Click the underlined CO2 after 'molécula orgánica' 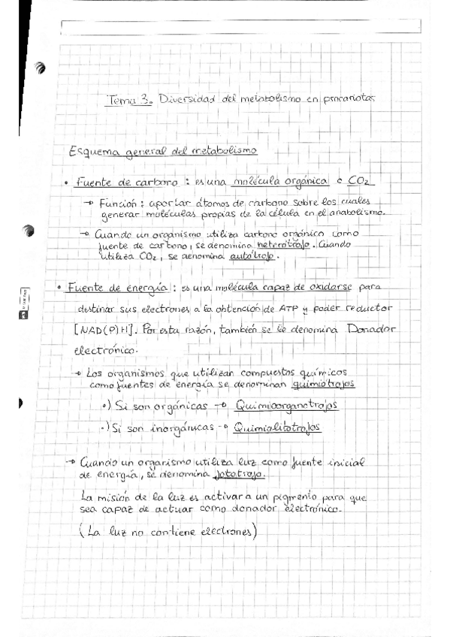pyautogui.click(x=358, y=183)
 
